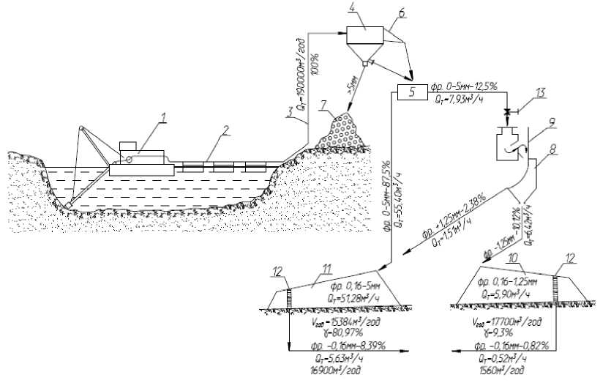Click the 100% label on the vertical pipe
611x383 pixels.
click(317, 64)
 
